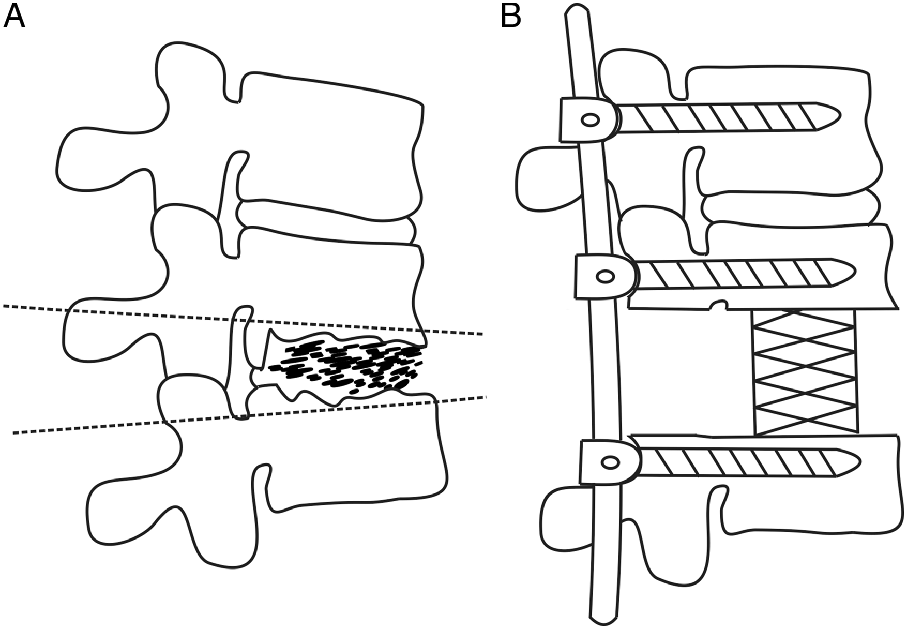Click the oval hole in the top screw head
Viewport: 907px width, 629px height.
pyautogui.click(x=589, y=121)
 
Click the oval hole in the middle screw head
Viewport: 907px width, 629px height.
pyautogui.click(x=604, y=276)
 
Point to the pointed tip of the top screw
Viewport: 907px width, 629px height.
pyautogui.click(x=841, y=114)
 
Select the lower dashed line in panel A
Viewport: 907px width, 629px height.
pyautogui.click(x=249, y=414)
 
